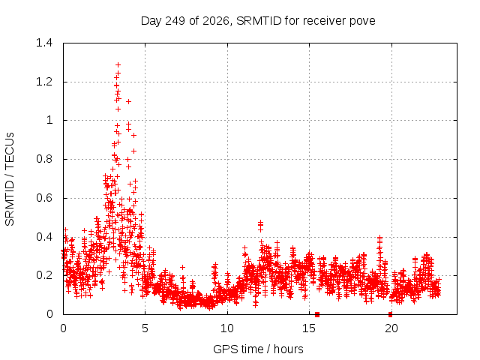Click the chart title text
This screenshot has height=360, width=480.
(258, 21)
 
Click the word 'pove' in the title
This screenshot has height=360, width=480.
(362, 22)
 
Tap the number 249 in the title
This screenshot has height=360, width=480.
(175, 21)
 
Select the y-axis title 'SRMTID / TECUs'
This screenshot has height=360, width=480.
(10, 179)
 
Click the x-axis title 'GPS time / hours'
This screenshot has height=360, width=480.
(258, 349)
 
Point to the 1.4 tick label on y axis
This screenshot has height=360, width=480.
(44, 43)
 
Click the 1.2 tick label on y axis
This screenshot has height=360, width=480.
(44, 82)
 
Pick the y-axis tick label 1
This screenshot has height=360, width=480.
(49, 120)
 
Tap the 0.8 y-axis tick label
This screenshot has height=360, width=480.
(44, 159)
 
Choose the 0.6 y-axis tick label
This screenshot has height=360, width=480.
(44, 198)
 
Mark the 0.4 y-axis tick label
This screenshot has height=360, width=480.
(44, 237)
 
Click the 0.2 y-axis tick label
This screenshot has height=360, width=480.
(44, 275)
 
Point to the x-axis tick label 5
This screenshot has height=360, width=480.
(145, 328)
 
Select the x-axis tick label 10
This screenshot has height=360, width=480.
(227, 328)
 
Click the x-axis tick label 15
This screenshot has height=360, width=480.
(309, 328)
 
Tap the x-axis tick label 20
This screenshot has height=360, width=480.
(391, 328)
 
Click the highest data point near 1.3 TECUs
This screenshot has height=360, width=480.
(118, 65)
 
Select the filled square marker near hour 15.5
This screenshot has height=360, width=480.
(317, 314)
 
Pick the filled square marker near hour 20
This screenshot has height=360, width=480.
(390, 314)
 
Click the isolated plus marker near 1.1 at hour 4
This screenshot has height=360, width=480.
(128, 102)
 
